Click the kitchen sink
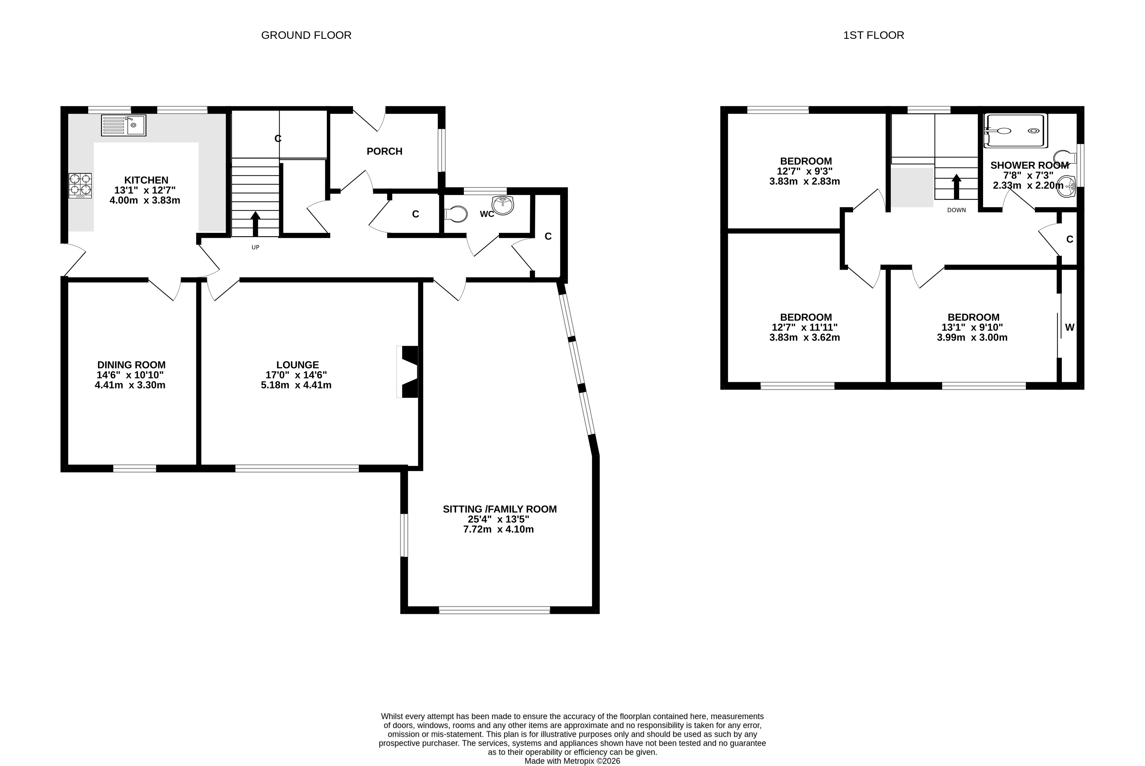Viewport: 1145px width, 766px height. (124, 125)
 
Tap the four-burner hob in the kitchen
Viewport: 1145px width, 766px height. (80, 186)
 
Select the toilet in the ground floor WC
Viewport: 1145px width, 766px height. (456, 214)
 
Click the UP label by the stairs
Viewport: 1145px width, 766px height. (255, 247)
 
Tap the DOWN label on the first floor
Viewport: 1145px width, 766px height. (956, 210)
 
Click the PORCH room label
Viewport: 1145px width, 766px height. (384, 152)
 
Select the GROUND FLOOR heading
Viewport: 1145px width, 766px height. (306, 35)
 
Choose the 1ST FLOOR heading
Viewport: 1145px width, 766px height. (873, 35)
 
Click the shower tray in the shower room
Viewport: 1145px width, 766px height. (1016, 130)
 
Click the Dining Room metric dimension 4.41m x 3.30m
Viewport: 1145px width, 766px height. (130, 385)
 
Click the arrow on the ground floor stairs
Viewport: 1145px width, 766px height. (255, 224)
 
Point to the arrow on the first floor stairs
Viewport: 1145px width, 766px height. (956, 187)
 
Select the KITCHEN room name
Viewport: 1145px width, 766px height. (146, 180)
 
